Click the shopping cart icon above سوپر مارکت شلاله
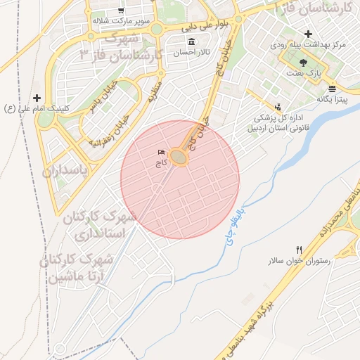point(121,11)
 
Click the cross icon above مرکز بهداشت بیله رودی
point(308,34)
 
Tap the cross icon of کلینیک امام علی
point(37,98)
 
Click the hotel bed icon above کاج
point(162,153)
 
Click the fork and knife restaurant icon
point(300,250)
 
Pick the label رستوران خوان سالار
point(298,261)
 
